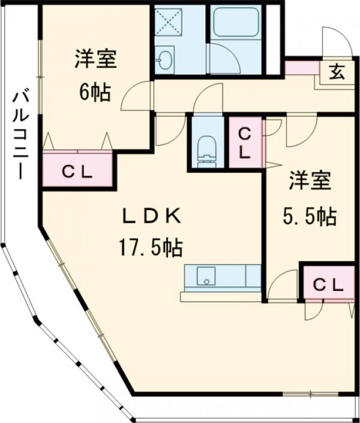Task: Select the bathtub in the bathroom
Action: point(236,23)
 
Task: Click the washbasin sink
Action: point(164,59)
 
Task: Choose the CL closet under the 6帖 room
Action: point(77,171)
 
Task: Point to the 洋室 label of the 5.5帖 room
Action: point(310,181)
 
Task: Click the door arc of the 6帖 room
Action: point(136,97)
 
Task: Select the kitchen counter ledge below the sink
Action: point(220,296)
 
